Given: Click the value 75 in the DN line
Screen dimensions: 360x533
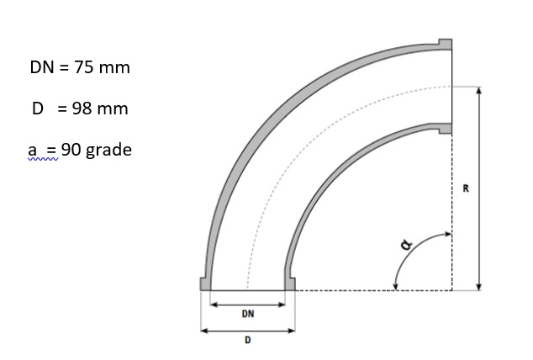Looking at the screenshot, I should point(83,67).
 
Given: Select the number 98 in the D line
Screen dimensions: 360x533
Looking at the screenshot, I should point(83,109).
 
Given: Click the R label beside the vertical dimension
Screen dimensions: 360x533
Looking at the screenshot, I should point(466,187).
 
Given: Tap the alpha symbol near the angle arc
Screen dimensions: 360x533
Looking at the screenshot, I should point(407,244).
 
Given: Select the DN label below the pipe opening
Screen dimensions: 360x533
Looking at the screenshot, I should point(248,313).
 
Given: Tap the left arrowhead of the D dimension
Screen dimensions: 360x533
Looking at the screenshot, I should point(203,330).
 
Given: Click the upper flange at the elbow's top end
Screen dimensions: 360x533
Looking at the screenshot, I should point(446,43).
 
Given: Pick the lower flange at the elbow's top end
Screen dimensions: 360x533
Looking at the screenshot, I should point(446,129).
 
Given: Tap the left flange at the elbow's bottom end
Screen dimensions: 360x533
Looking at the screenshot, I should point(204,284).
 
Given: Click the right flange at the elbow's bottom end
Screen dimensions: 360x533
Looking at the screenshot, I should point(290,284).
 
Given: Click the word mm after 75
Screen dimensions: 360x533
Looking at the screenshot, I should point(113,67).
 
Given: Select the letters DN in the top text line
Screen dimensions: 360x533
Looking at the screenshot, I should point(41,67).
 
